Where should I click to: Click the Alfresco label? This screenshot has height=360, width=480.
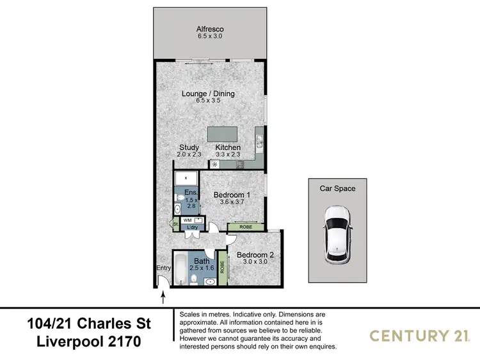[208, 29]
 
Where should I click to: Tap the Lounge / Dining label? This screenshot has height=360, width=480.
[208, 94]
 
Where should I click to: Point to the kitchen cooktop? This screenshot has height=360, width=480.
[241, 164]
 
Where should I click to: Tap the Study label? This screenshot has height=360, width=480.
[189, 147]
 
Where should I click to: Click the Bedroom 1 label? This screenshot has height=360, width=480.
[232, 195]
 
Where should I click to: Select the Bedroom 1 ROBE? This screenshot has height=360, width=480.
[244, 227]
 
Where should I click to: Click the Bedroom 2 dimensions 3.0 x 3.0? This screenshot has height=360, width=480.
[255, 262]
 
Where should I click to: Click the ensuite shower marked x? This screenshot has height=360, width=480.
[186, 177]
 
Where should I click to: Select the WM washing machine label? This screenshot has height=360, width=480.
[188, 220]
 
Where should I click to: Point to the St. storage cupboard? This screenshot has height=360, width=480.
[174, 224]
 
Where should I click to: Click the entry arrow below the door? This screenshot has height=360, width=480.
[163, 297]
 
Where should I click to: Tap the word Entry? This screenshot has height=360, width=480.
[164, 268]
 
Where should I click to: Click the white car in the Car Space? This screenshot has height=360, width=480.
[337, 234]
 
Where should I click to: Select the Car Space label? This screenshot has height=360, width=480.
[337, 188]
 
